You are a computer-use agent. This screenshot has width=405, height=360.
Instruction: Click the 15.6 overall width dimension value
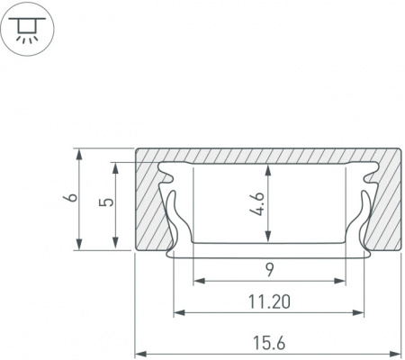click(x=269, y=343)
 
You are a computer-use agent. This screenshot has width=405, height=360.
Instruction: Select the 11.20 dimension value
click(x=269, y=302)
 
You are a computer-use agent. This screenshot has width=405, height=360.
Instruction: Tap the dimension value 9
click(x=270, y=270)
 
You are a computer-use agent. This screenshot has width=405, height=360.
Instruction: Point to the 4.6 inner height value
click(x=256, y=204)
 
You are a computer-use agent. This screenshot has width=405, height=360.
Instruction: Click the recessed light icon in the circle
click(x=27, y=30)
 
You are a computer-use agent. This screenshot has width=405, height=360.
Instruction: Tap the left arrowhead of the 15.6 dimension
click(x=140, y=352)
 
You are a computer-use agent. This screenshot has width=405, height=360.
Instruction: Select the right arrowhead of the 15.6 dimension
click(x=395, y=352)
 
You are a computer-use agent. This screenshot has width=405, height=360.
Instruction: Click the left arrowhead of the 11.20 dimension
click(x=179, y=313)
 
